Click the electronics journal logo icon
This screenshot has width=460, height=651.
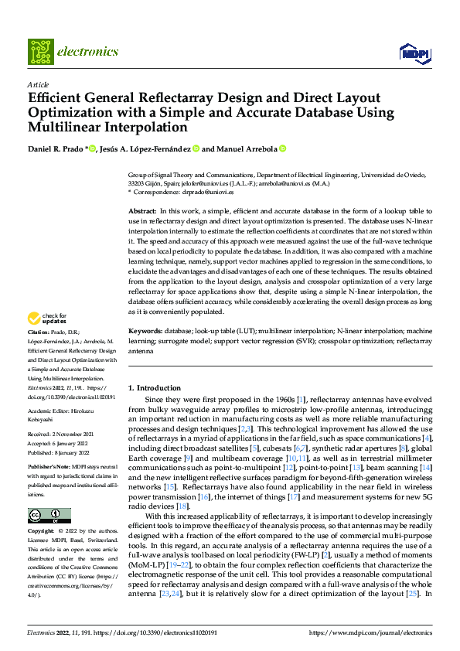39,52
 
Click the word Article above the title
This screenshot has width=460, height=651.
38,84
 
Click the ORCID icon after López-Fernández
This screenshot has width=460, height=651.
196,148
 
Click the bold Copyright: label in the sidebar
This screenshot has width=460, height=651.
43,531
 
